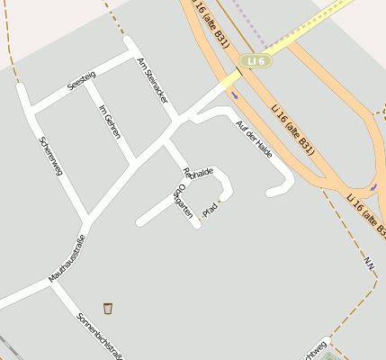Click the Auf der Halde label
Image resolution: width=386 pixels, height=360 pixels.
click(x=253, y=138)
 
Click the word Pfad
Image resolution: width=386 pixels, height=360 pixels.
click(x=211, y=210)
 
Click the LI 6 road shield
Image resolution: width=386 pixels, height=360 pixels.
click(x=256, y=60)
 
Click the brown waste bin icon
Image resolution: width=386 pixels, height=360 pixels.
click(x=108, y=309)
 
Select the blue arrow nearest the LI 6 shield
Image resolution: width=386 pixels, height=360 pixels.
click(x=233, y=91)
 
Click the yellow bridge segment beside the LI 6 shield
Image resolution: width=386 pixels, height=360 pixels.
click(x=231, y=78)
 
